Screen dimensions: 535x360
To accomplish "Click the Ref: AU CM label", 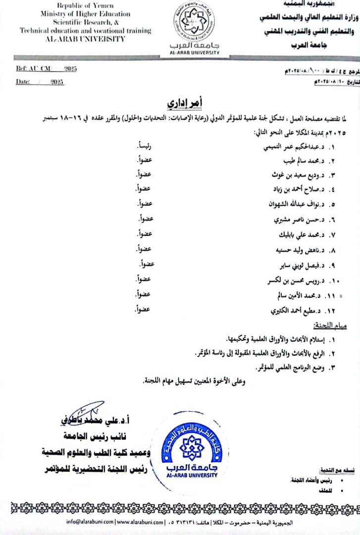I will [x=33, y=69].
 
